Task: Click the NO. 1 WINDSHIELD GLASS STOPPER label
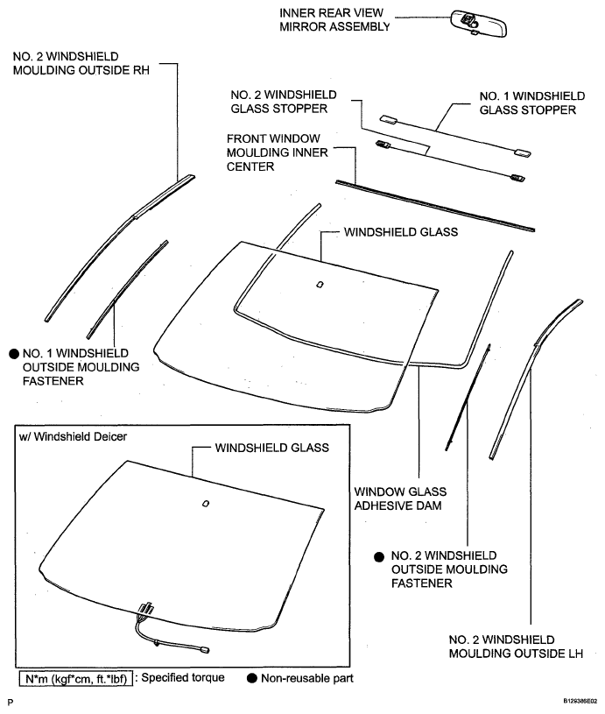point(529,102)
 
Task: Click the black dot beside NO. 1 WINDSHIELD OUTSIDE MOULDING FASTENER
point(13,352)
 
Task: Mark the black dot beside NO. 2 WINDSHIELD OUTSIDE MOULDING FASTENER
point(378,556)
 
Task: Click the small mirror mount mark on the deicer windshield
point(205,503)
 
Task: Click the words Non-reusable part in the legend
point(299,678)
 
